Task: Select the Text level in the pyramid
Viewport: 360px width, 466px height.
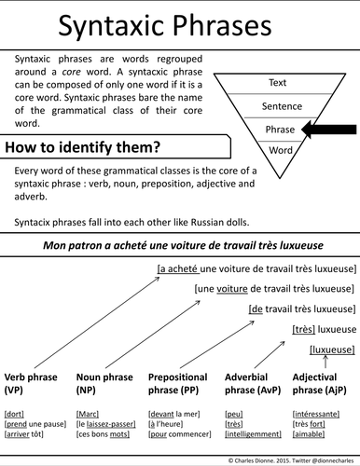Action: tap(277, 83)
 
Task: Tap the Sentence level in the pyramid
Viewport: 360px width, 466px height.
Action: tap(277, 107)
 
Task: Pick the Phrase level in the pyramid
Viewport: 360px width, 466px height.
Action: tap(277, 130)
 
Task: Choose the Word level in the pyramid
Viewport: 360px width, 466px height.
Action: tap(277, 149)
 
